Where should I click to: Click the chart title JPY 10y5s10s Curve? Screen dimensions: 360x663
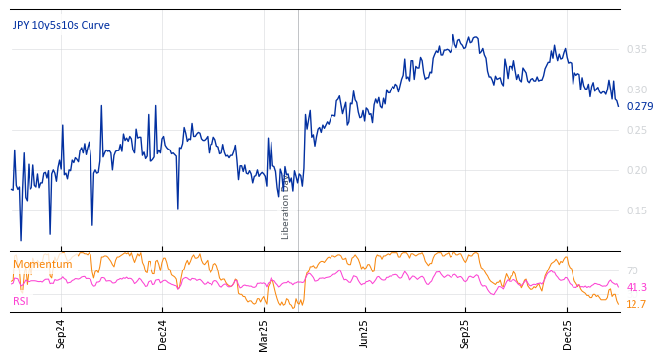(61, 25)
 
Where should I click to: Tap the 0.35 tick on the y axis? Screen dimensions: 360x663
(636, 49)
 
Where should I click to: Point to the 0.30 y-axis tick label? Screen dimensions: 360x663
(636, 90)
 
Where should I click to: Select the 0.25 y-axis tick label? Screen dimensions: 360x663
(636, 130)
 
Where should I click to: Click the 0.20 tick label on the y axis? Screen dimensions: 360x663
(636, 170)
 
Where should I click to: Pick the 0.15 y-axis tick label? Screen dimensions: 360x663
(636, 210)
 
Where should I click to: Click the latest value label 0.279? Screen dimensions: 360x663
(639, 106)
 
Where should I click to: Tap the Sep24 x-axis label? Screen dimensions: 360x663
(61, 334)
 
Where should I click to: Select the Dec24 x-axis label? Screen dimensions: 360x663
(163, 334)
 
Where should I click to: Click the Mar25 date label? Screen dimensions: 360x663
(264, 334)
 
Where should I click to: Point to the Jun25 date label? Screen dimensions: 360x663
(365, 334)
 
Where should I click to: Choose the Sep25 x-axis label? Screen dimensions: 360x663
(466, 334)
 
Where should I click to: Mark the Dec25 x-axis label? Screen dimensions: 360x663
(568, 334)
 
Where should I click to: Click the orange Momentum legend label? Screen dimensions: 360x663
(42, 264)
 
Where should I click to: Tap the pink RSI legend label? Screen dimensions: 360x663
(21, 301)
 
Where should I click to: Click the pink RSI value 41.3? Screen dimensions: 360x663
(636, 287)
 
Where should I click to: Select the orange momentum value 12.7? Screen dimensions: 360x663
(636, 304)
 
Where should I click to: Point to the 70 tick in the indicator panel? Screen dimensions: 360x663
(632, 270)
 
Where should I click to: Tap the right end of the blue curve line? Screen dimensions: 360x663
(618, 105)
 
